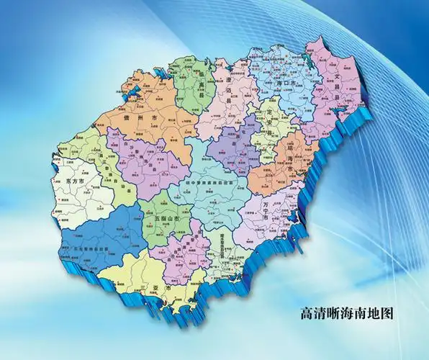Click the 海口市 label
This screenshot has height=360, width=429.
coord(284,84)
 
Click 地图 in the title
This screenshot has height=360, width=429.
coord(383,314)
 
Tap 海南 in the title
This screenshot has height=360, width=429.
coord(356,314)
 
